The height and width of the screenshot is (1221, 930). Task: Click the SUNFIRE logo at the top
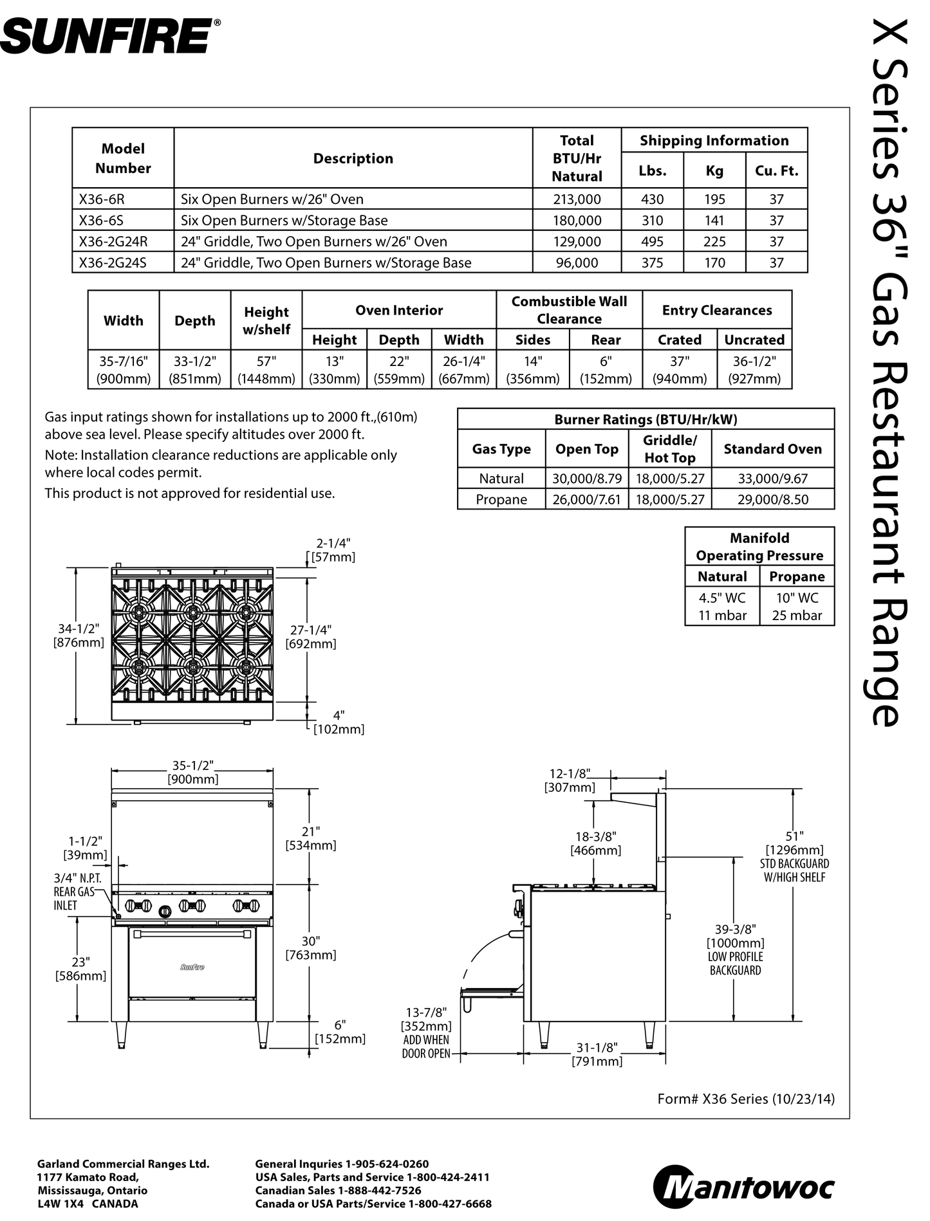tap(109, 37)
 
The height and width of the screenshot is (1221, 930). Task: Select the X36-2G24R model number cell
tap(113, 241)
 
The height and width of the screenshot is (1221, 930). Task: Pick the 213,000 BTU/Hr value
tap(577, 199)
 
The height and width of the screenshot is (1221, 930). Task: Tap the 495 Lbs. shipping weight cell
tap(652, 241)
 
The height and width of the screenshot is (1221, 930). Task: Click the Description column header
tap(353, 158)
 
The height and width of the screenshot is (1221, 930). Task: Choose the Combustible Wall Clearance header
tap(569, 310)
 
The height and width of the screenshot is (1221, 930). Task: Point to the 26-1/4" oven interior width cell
tap(463, 370)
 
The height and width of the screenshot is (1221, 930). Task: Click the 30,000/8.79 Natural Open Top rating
tap(587, 478)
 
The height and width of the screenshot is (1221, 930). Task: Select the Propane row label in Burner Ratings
tap(501, 499)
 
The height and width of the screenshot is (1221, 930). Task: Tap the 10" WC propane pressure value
tap(797, 598)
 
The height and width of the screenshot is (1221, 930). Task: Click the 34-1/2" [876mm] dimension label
tap(78, 636)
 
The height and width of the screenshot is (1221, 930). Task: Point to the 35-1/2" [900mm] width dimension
tap(192, 772)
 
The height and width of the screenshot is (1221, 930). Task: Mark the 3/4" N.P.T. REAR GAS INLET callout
tap(77, 892)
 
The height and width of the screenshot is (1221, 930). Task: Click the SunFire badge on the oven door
tap(192, 967)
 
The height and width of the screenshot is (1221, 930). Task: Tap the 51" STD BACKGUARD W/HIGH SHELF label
tap(794, 856)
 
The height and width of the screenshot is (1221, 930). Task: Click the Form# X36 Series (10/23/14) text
tap(745, 1099)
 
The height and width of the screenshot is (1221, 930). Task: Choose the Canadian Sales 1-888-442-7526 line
tap(338, 1190)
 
